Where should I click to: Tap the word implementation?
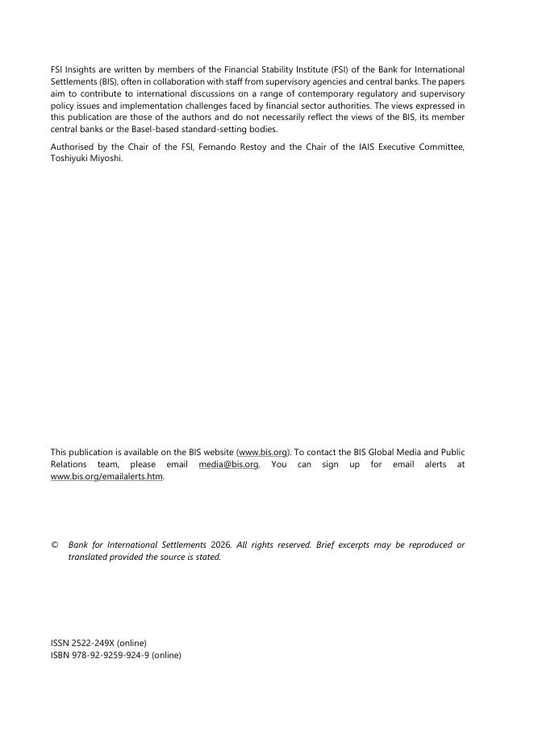[x=181, y=106]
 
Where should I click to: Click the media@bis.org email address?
[x=228, y=465]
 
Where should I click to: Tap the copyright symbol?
[x=54, y=545]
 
